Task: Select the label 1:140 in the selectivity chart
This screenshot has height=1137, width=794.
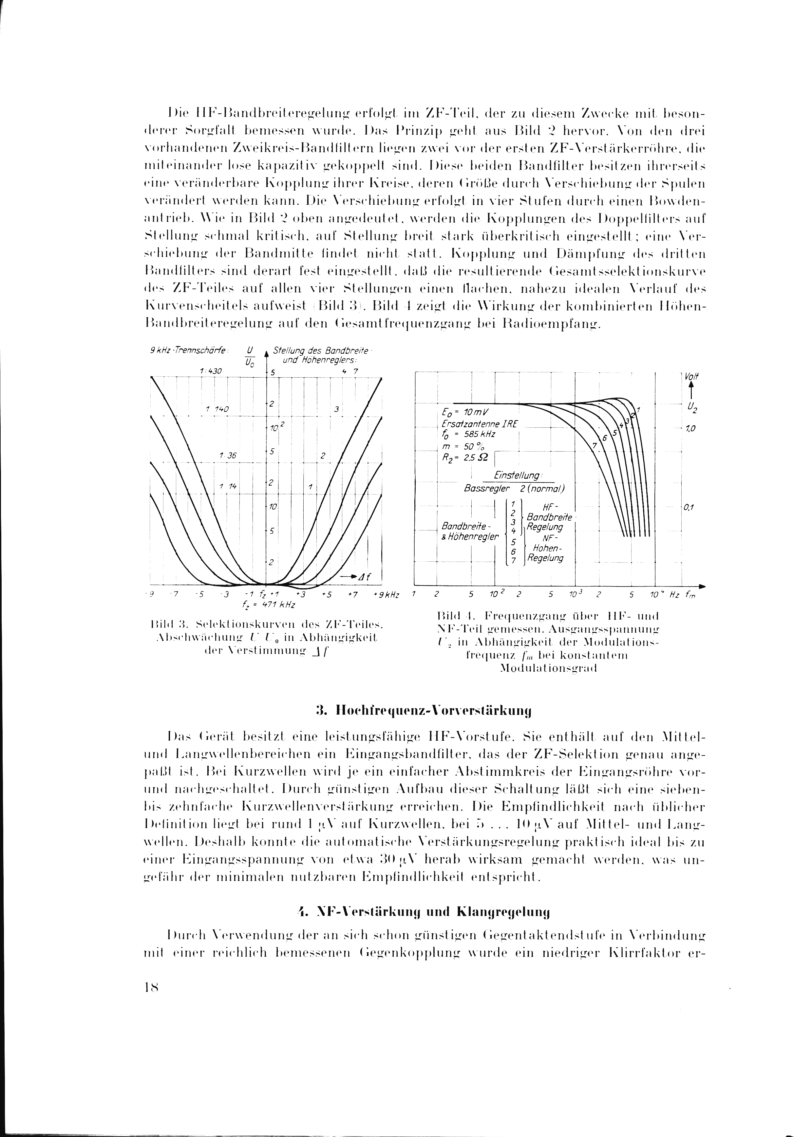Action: pos(217,409)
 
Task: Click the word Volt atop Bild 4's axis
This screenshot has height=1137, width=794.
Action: pos(689,376)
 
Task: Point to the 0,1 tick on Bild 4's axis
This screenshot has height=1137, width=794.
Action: pos(689,508)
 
